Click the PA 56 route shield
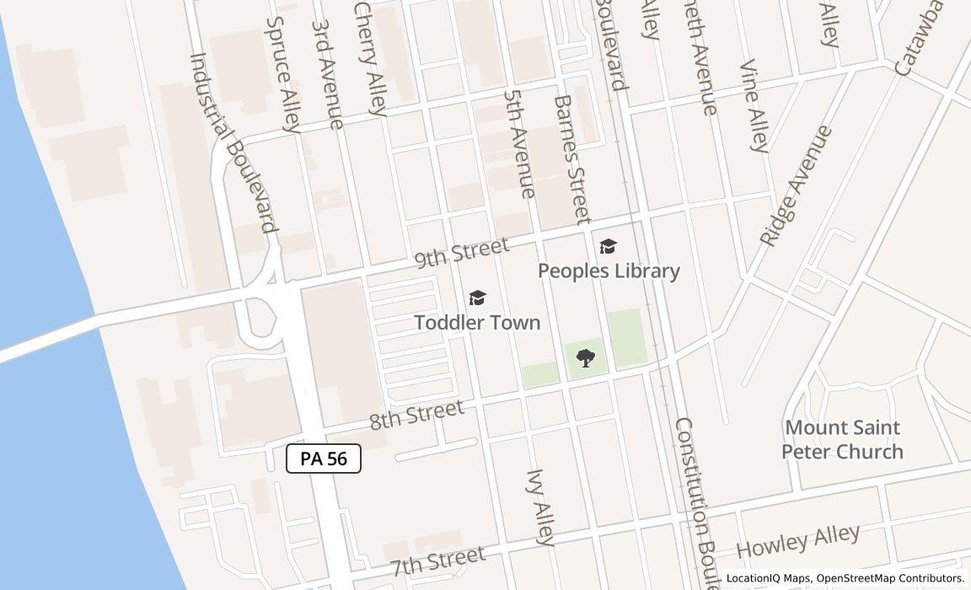pos(324,459)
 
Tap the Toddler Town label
pos(477,323)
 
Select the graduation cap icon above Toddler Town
pos(477,298)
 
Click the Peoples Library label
pos(609,271)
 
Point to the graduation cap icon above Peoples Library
pos(608,246)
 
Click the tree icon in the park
pos(585,358)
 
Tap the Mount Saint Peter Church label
pos(842,439)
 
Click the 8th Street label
pos(416,414)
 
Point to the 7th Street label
pos(438,560)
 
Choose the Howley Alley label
pos(797,540)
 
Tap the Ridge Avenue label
pos(797,186)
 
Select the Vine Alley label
pos(754,106)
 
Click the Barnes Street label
pos(572,159)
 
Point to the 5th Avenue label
pos(519,143)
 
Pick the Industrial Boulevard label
pos(233,142)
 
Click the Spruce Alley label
pos(283,75)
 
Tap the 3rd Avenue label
pos(327,73)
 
